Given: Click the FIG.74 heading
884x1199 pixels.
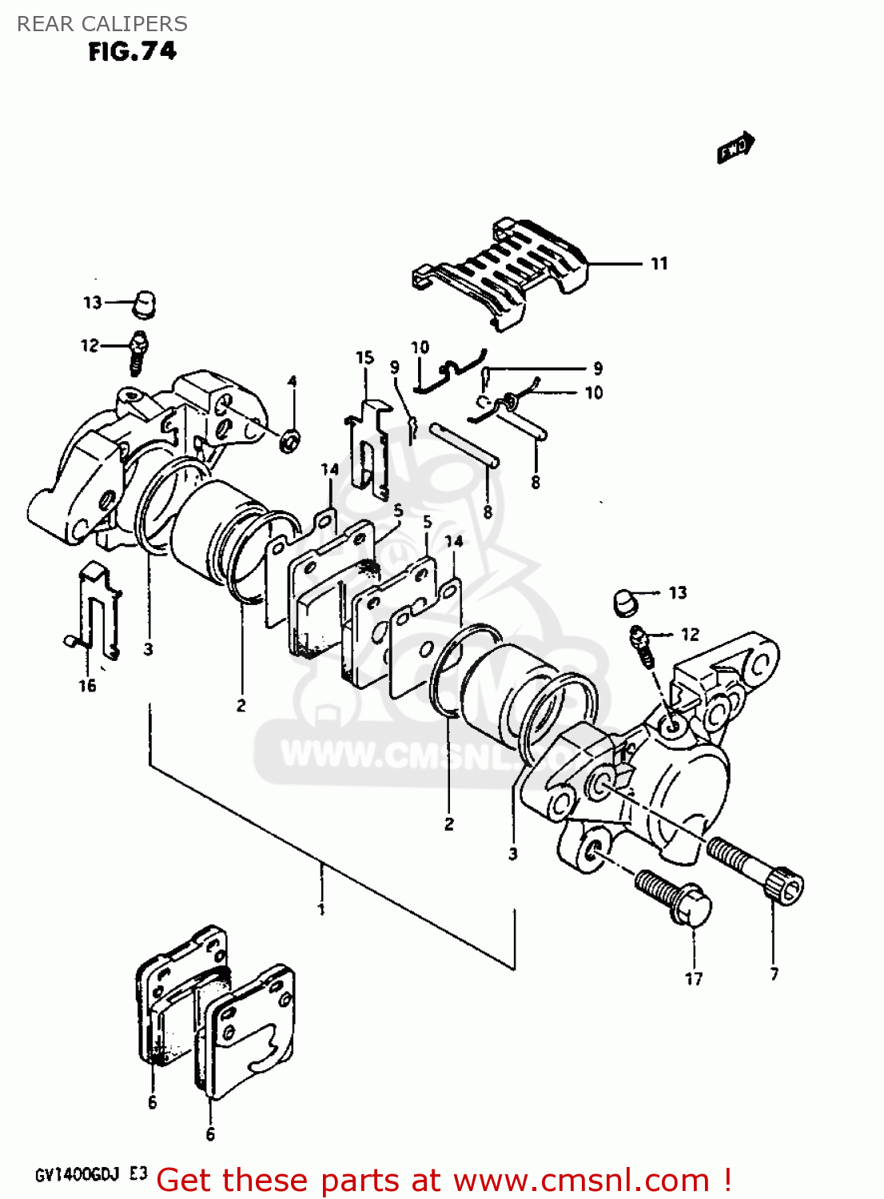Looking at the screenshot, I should tap(133, 51).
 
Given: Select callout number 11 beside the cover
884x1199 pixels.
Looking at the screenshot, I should tap(659, 264).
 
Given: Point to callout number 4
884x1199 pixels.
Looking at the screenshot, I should tap(293, 382).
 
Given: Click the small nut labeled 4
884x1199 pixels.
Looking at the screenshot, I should tap(289, 439).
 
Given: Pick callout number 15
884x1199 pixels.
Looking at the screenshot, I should tap(364, 357).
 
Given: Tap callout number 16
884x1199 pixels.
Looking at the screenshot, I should tap(87, 685).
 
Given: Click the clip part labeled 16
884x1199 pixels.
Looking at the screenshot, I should tap(100, 607).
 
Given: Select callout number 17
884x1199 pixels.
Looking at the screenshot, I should tap(694, 978).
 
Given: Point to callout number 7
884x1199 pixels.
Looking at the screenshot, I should tap(774, 974).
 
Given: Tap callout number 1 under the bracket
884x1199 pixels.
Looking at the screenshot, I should tap(321, 910).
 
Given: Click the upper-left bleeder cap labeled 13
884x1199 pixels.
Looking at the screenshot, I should tap(145, 303).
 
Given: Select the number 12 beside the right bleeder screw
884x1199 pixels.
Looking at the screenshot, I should tap(690, 635).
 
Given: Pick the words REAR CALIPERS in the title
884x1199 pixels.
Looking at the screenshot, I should tap(102, 24).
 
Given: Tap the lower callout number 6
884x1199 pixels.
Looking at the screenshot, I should tap(210, 1134).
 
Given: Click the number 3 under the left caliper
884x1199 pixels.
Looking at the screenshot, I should tap(149, 649).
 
